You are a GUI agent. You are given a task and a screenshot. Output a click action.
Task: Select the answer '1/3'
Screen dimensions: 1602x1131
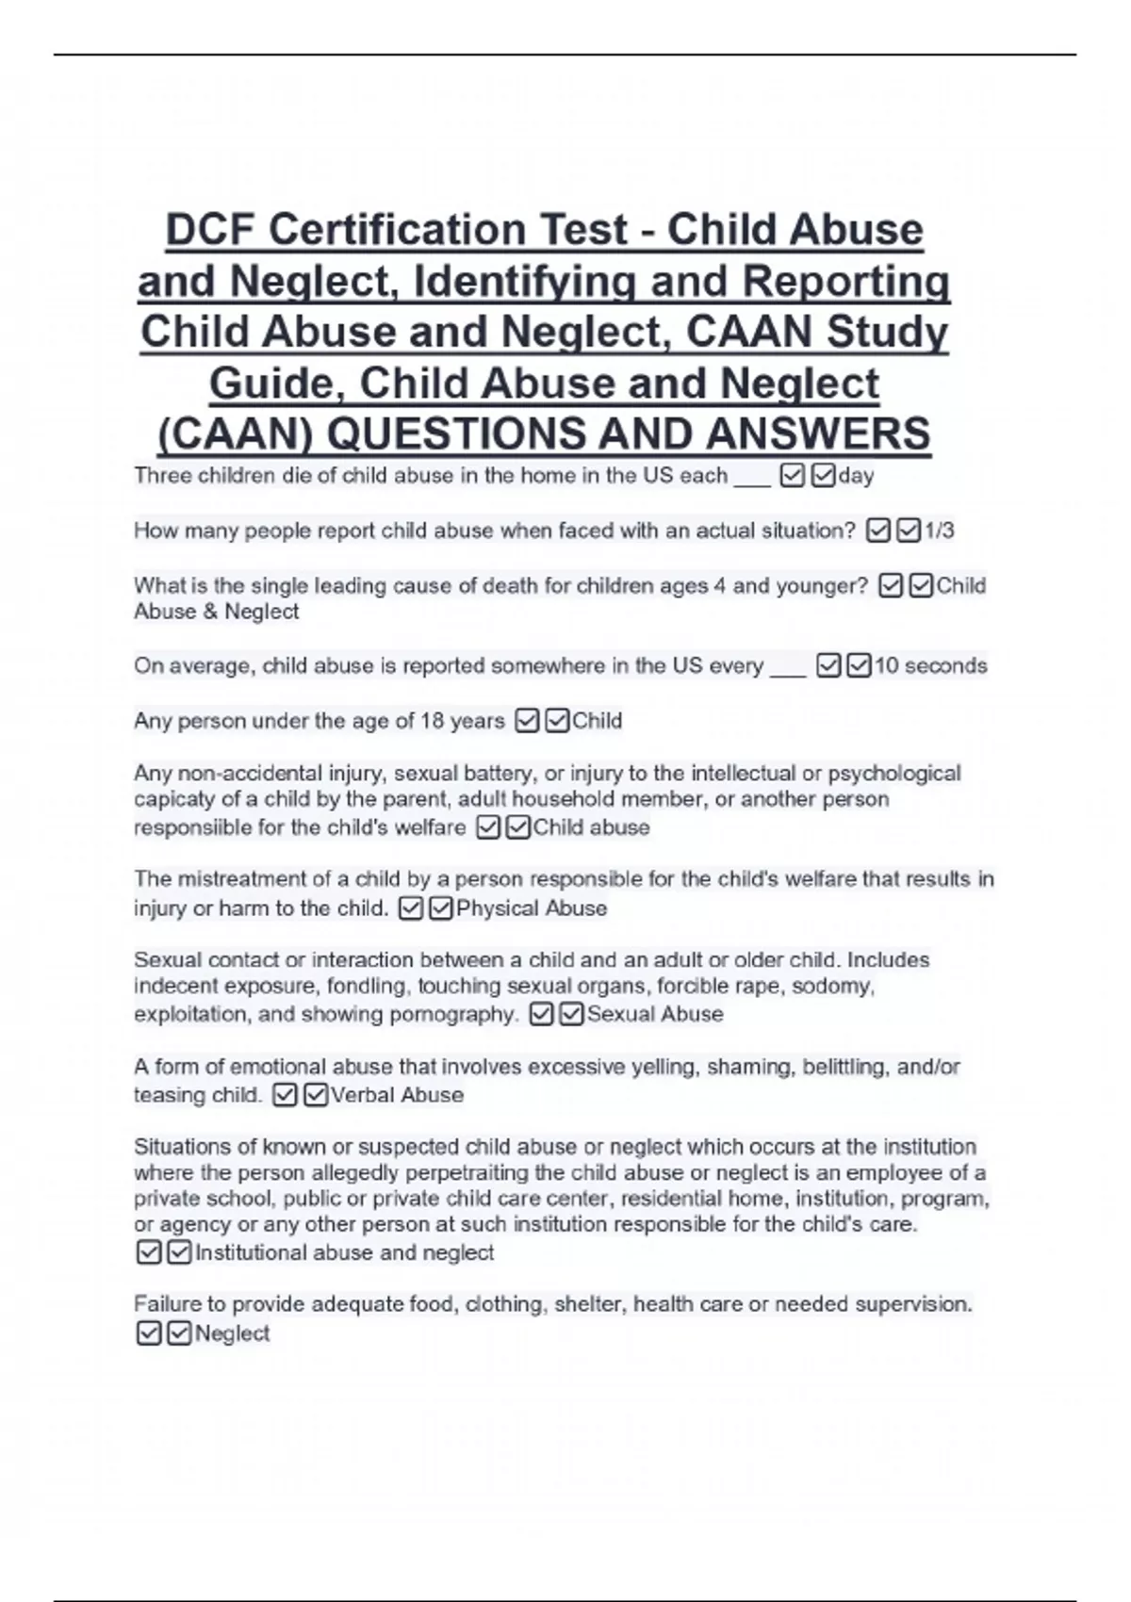pos(939,531)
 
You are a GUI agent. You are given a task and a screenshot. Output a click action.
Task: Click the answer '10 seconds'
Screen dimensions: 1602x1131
pos(930,665)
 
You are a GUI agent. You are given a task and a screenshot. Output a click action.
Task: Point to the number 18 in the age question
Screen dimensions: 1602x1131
pos(432,721)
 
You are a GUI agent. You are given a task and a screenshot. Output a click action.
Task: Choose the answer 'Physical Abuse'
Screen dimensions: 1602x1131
pos(532,908)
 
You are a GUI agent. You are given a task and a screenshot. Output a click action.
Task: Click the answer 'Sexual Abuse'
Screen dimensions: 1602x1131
pos(655,1014)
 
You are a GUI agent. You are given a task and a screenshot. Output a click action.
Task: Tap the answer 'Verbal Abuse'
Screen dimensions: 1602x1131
pos(397,1095)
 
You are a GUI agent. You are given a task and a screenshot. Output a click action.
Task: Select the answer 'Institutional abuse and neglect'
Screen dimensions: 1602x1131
pos(344,1252)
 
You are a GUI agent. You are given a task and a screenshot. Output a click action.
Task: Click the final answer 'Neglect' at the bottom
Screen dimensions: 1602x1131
pos(232,1333)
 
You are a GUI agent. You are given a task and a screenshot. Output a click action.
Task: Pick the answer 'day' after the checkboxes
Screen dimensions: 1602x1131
pos(856,476)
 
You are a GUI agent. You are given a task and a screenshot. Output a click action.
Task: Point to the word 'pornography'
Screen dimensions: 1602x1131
pos(465,1014)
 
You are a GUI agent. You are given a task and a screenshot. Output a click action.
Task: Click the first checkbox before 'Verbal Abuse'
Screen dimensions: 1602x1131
pos(285,1095)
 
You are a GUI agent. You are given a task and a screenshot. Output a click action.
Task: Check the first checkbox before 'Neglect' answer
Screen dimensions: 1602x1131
pos(149,1333)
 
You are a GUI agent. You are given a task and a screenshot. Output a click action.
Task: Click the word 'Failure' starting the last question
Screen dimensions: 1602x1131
pos(166,1304)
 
